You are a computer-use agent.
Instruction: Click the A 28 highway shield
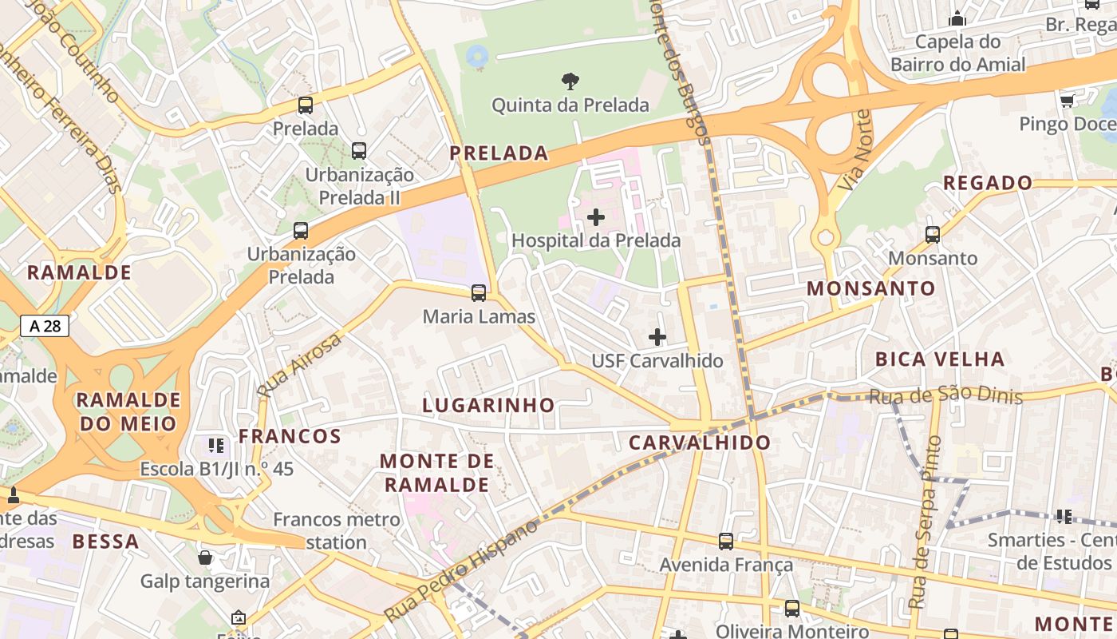pos(45,326)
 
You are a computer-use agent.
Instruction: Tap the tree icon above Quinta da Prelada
pos(570,81)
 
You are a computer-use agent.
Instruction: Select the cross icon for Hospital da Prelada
pos(596,216)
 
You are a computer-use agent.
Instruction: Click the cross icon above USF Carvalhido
pos(657,337)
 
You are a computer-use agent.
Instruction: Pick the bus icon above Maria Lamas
pos(479,293)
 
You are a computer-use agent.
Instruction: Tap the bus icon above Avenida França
pos(726,542)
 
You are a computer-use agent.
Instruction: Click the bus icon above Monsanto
pos(933,235)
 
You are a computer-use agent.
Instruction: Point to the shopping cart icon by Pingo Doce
pos(1067,101)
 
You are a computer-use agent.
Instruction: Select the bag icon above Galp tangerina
pos(205,558)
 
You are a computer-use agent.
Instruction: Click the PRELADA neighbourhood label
pos(499,153)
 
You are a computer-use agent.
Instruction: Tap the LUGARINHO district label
pos(488,405)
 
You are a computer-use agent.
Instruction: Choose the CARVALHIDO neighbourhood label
pos(700,443)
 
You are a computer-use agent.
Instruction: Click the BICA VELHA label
pos(940,359)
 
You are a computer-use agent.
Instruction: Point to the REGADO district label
pos(988,183)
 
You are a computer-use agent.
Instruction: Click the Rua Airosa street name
pos(299,365)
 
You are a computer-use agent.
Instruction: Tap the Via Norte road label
pos(855,150)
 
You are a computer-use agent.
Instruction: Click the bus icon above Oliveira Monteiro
pos(791,609)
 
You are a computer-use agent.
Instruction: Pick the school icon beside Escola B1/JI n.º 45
pos(216,445)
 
